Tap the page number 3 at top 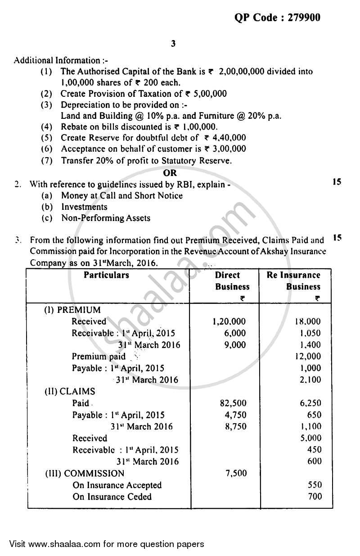pyautogui.click(x=173, y=44)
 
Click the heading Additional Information pyautogui.click(x=57, y=60)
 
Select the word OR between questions pyautogui.click(x=171, y=172)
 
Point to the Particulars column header pyautogui.click(x=106, y=275)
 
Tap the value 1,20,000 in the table pyautogui.click(x=229, y=321)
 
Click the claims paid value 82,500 pyautogui.click(x=231, y=403)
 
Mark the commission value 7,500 pyautogui.click(x=234, y=473)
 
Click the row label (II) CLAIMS pyautogui.click(x=70, y=391)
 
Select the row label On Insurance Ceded pyautogui.click(x=112, y=497)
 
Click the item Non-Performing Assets pyautogui.click(x=106, y=218)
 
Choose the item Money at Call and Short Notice pyautogui.click(x=121, y=195)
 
